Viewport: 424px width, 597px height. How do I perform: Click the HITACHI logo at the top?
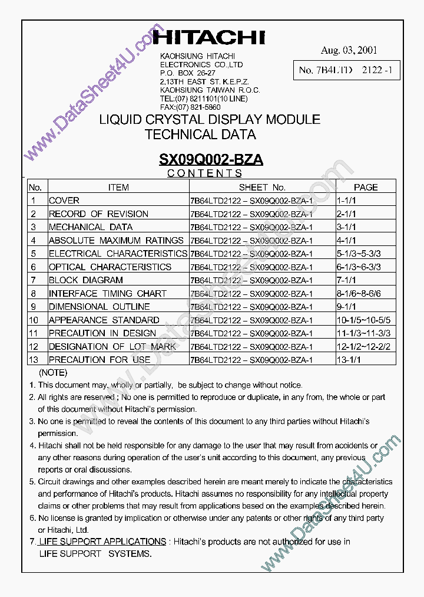tap(209, 38)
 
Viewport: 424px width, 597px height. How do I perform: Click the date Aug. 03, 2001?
tap(349, 51)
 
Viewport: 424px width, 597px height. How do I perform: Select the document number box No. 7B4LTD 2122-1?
tap(349, 70)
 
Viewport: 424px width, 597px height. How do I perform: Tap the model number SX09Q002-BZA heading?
tap(211, 159)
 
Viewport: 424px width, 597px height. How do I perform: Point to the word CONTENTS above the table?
tap(204, 173)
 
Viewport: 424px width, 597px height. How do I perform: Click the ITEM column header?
tap(118, 187)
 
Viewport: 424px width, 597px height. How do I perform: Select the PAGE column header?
tap(366, 187)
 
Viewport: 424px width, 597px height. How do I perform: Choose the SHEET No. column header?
tap(262, 187)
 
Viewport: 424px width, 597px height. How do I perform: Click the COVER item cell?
tap(64, 201)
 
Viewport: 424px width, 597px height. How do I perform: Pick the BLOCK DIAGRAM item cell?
tap(85, 280)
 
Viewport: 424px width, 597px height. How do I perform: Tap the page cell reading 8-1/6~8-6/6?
tap(359, 293)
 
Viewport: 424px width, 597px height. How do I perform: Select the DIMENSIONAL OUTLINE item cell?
tap(99, 307)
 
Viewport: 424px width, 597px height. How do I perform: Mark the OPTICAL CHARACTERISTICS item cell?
tap(110, 267)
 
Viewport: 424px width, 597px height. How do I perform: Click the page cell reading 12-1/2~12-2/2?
tap(364, 346)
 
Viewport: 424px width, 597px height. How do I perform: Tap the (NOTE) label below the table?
tap(53, 373)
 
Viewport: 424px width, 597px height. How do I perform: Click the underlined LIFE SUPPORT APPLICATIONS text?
tap(102, 542)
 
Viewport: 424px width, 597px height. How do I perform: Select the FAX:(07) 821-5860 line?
tap(190, 107)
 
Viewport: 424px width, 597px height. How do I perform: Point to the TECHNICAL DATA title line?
tap(200, 135)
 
